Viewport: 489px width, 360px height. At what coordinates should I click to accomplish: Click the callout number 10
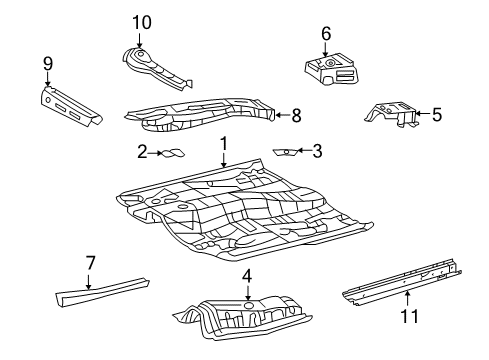click(142, 23)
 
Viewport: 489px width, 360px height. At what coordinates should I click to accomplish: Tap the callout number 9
click(48, 64)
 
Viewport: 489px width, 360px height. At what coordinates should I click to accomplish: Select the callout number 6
click(326, 34)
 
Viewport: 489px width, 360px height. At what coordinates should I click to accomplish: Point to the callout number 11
click(409, 316)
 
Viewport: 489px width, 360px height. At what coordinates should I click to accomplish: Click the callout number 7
click(90, 263)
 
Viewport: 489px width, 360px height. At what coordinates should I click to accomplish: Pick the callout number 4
click(247, 276)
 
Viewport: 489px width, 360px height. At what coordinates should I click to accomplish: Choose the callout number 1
click(224, 144)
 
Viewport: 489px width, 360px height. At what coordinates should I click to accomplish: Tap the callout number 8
click(296, 116)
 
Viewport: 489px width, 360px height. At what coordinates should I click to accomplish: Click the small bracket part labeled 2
click(173, 153)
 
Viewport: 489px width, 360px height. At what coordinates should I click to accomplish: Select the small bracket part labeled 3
click(284, 152)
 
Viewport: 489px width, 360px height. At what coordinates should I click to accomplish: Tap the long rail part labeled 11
click(402, 282)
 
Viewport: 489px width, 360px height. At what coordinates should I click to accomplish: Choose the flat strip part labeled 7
click(102, 291)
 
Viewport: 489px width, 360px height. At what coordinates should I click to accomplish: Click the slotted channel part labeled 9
click(71, 107)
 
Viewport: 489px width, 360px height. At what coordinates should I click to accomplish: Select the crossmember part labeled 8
click(200, 114)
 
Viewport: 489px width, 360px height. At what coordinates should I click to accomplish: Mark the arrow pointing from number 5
click(423, 114)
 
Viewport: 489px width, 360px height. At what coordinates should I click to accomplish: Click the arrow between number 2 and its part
click(155, 153)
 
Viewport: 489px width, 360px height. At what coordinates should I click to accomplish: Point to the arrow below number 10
click(139, 40)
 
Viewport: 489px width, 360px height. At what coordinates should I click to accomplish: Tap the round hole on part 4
click(248, 305)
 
